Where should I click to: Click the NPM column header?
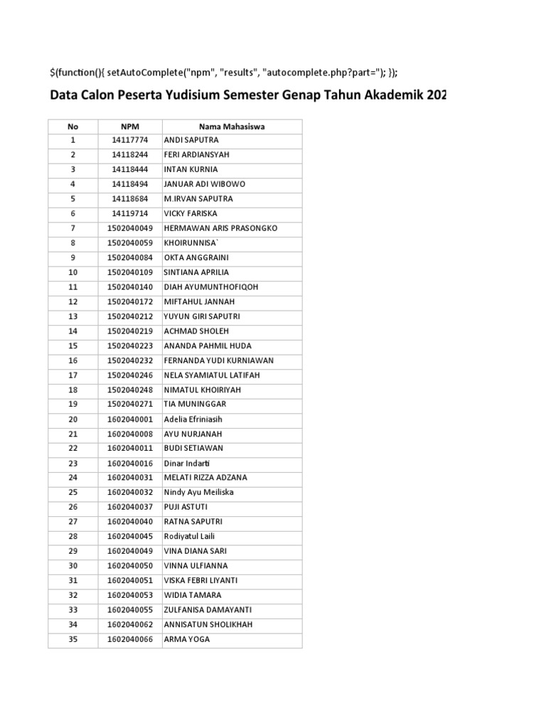click(x=129, y=127)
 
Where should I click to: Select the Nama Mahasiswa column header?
click(x=232, y=127)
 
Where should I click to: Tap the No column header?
click(x=73, y=127)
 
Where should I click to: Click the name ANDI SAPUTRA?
click(x=191, y=140)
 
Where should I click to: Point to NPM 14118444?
click(x=129, y=169)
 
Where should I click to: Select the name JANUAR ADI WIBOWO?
click(x=204, y=184)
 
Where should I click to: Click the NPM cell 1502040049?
click(x=129, y=228)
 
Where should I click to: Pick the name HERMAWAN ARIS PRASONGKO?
click(x=220, y=228)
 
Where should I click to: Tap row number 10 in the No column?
click(x=73, y=272)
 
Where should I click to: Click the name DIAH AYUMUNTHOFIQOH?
click(x=211, y=287)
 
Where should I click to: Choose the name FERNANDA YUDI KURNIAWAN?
click(x=218, y=360)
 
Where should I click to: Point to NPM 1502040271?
click(x=129, y=404)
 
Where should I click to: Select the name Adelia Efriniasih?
click(x=195, y=419)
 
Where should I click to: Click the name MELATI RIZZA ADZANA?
click(x=205, y=478)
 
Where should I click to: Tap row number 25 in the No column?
click(x=73, y=492)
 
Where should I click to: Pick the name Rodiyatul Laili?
click(x=189, y=536)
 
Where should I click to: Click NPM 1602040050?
click(x=129, y=566)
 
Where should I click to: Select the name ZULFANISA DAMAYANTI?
click(x=208, y=610)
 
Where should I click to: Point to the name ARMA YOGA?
click(x=187, y=639)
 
